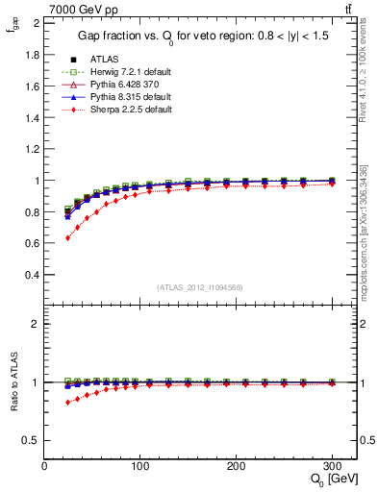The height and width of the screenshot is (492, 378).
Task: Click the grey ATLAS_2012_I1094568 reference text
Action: (200, 287)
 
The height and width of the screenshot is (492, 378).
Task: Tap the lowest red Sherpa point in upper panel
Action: (67, 237)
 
